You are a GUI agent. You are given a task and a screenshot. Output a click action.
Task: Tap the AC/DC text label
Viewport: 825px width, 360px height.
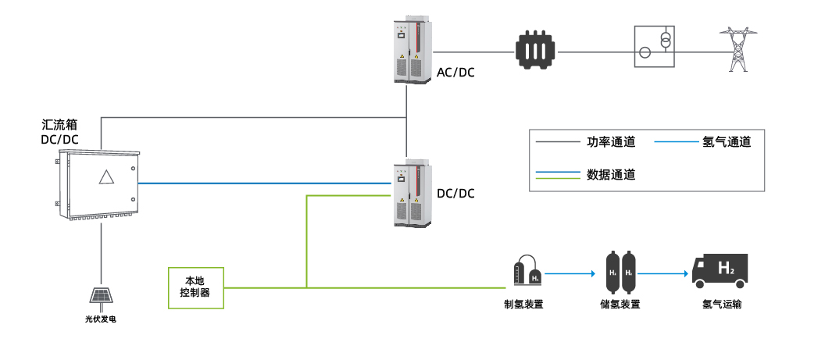[455, 73]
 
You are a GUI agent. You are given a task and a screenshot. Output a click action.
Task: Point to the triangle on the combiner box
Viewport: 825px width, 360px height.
[107, 176]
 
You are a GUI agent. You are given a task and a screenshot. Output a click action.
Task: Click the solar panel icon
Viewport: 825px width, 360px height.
[102, 296]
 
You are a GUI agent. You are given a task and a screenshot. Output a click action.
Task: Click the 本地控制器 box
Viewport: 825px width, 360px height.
[196, 286]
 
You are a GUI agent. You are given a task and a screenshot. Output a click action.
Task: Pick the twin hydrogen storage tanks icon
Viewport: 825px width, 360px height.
[620, 269]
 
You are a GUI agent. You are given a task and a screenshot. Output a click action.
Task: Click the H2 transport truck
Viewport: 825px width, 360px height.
[720, 270]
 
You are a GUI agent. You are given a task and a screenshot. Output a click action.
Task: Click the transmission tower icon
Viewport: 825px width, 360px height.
[734, 50]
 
